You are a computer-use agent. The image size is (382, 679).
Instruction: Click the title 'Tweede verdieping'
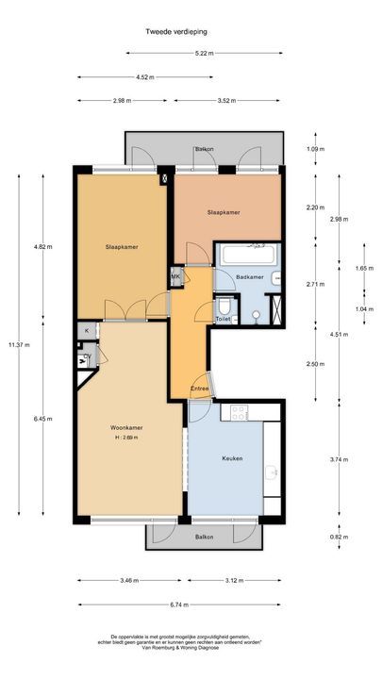(176, 31)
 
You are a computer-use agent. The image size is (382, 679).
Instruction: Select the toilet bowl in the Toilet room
(224, 307)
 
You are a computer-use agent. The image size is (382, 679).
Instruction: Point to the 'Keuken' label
(232, 458)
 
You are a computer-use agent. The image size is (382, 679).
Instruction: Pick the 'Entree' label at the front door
(199, 389)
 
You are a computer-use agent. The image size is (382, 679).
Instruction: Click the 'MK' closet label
(174, 276)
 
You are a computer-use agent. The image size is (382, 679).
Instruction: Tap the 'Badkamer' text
(249, 277)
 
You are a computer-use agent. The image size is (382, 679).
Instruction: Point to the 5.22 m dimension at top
(204, 53)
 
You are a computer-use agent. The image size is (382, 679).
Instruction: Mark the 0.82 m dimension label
(315, 537)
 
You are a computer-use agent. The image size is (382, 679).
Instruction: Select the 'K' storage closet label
(87, 331)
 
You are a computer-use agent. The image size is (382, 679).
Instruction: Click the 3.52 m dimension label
(224, 100)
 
